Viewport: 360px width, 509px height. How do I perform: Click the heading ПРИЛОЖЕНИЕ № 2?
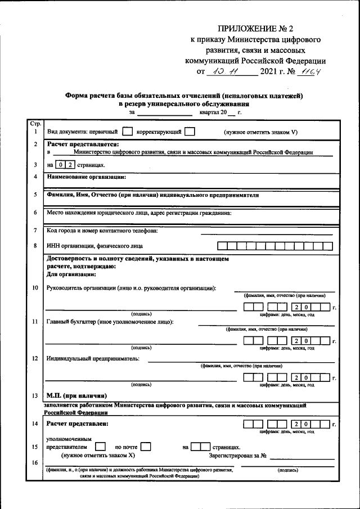click(263, 28)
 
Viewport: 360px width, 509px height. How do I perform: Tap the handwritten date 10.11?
click(223, 71)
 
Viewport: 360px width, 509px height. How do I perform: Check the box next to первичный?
click(127, 132)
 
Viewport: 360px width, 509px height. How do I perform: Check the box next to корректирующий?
click(190, 132)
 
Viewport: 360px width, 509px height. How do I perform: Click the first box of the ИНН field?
click(222, 246)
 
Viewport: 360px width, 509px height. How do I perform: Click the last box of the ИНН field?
click(327, 246)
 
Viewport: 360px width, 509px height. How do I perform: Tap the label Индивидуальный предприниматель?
click(93, 358)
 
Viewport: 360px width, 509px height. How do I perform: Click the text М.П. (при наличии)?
click(76, 395)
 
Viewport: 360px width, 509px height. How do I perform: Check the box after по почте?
click(146, 447)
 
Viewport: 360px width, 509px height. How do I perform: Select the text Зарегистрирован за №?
click(237, 455)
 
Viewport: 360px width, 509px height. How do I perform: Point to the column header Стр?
click(35, 123)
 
